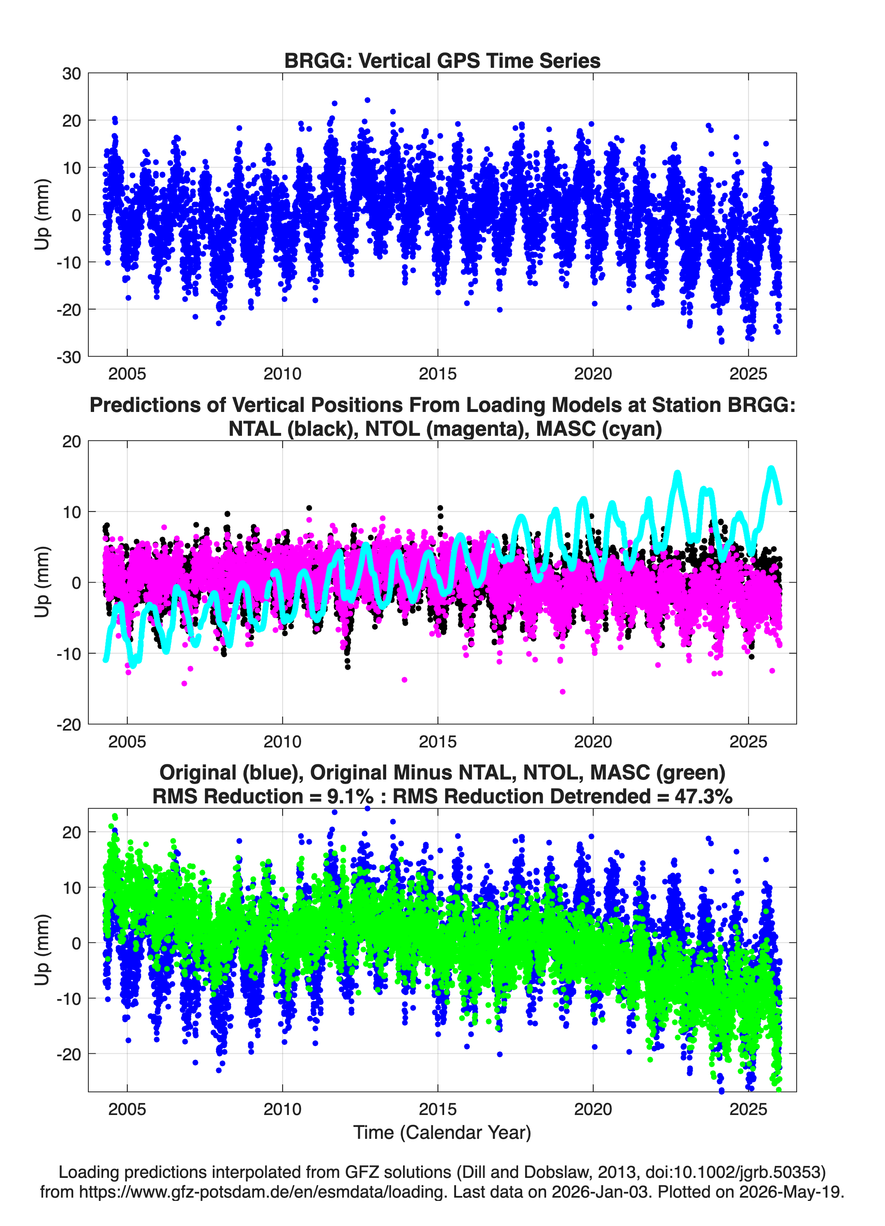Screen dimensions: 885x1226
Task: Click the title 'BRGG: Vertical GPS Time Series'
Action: [x=442, y=60]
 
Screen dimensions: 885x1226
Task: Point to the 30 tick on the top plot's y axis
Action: [x=71, y=74]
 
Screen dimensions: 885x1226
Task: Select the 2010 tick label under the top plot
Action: [x=282, y=374]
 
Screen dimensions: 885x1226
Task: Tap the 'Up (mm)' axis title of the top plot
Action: [x=42, y=215]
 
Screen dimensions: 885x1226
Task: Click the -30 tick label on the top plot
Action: [x=69, y=357]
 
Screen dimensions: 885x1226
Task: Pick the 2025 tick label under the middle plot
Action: [x=748, y=741]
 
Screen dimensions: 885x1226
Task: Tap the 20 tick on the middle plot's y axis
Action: [x=71, y=441]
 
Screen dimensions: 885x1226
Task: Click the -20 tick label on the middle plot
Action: [x=69, y=724]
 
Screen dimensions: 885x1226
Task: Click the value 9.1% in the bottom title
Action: [x=350, y=796]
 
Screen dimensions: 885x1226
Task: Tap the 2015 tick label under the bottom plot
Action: [x=438, y=1109]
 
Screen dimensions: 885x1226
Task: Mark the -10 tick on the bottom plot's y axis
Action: [x=69, y=998]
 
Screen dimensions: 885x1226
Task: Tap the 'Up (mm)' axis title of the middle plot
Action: [x=42, y=582]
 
